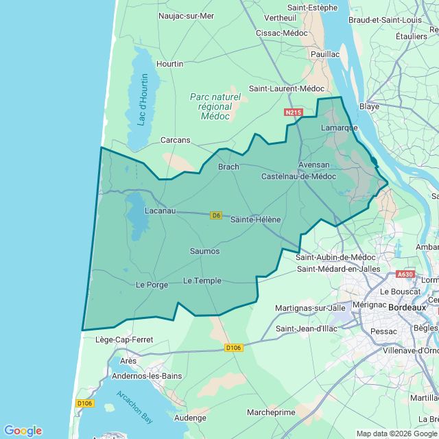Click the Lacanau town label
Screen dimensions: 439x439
click(x=160, y=212)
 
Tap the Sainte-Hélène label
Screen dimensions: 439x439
click(x=255, y=219)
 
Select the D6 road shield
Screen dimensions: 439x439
click(x=216, y=215)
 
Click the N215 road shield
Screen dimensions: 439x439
click(x=293, y=112)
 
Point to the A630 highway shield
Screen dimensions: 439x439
click(x=405, y=274)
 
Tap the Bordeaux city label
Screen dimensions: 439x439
click(x=407, y=308)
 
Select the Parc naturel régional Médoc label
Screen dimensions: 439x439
click(x=215, y=107)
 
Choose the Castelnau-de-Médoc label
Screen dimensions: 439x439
click(x=299, y=176)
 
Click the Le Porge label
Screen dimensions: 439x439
click(x=152, y=285)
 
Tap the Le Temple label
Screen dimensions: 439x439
click(x=202, y=281)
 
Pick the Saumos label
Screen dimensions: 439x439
click(x=204, y=251)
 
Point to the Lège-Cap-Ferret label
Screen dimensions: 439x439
click(x=124, y=340)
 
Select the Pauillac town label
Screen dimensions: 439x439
click(x=325, y=54)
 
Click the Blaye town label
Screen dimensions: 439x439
click(x=369, y=106)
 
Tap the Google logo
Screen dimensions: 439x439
click(x=23, y=430)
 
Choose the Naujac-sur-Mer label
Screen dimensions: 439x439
click(x=186, y=16)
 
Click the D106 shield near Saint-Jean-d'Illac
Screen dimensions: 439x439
click(x=234, y=348)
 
